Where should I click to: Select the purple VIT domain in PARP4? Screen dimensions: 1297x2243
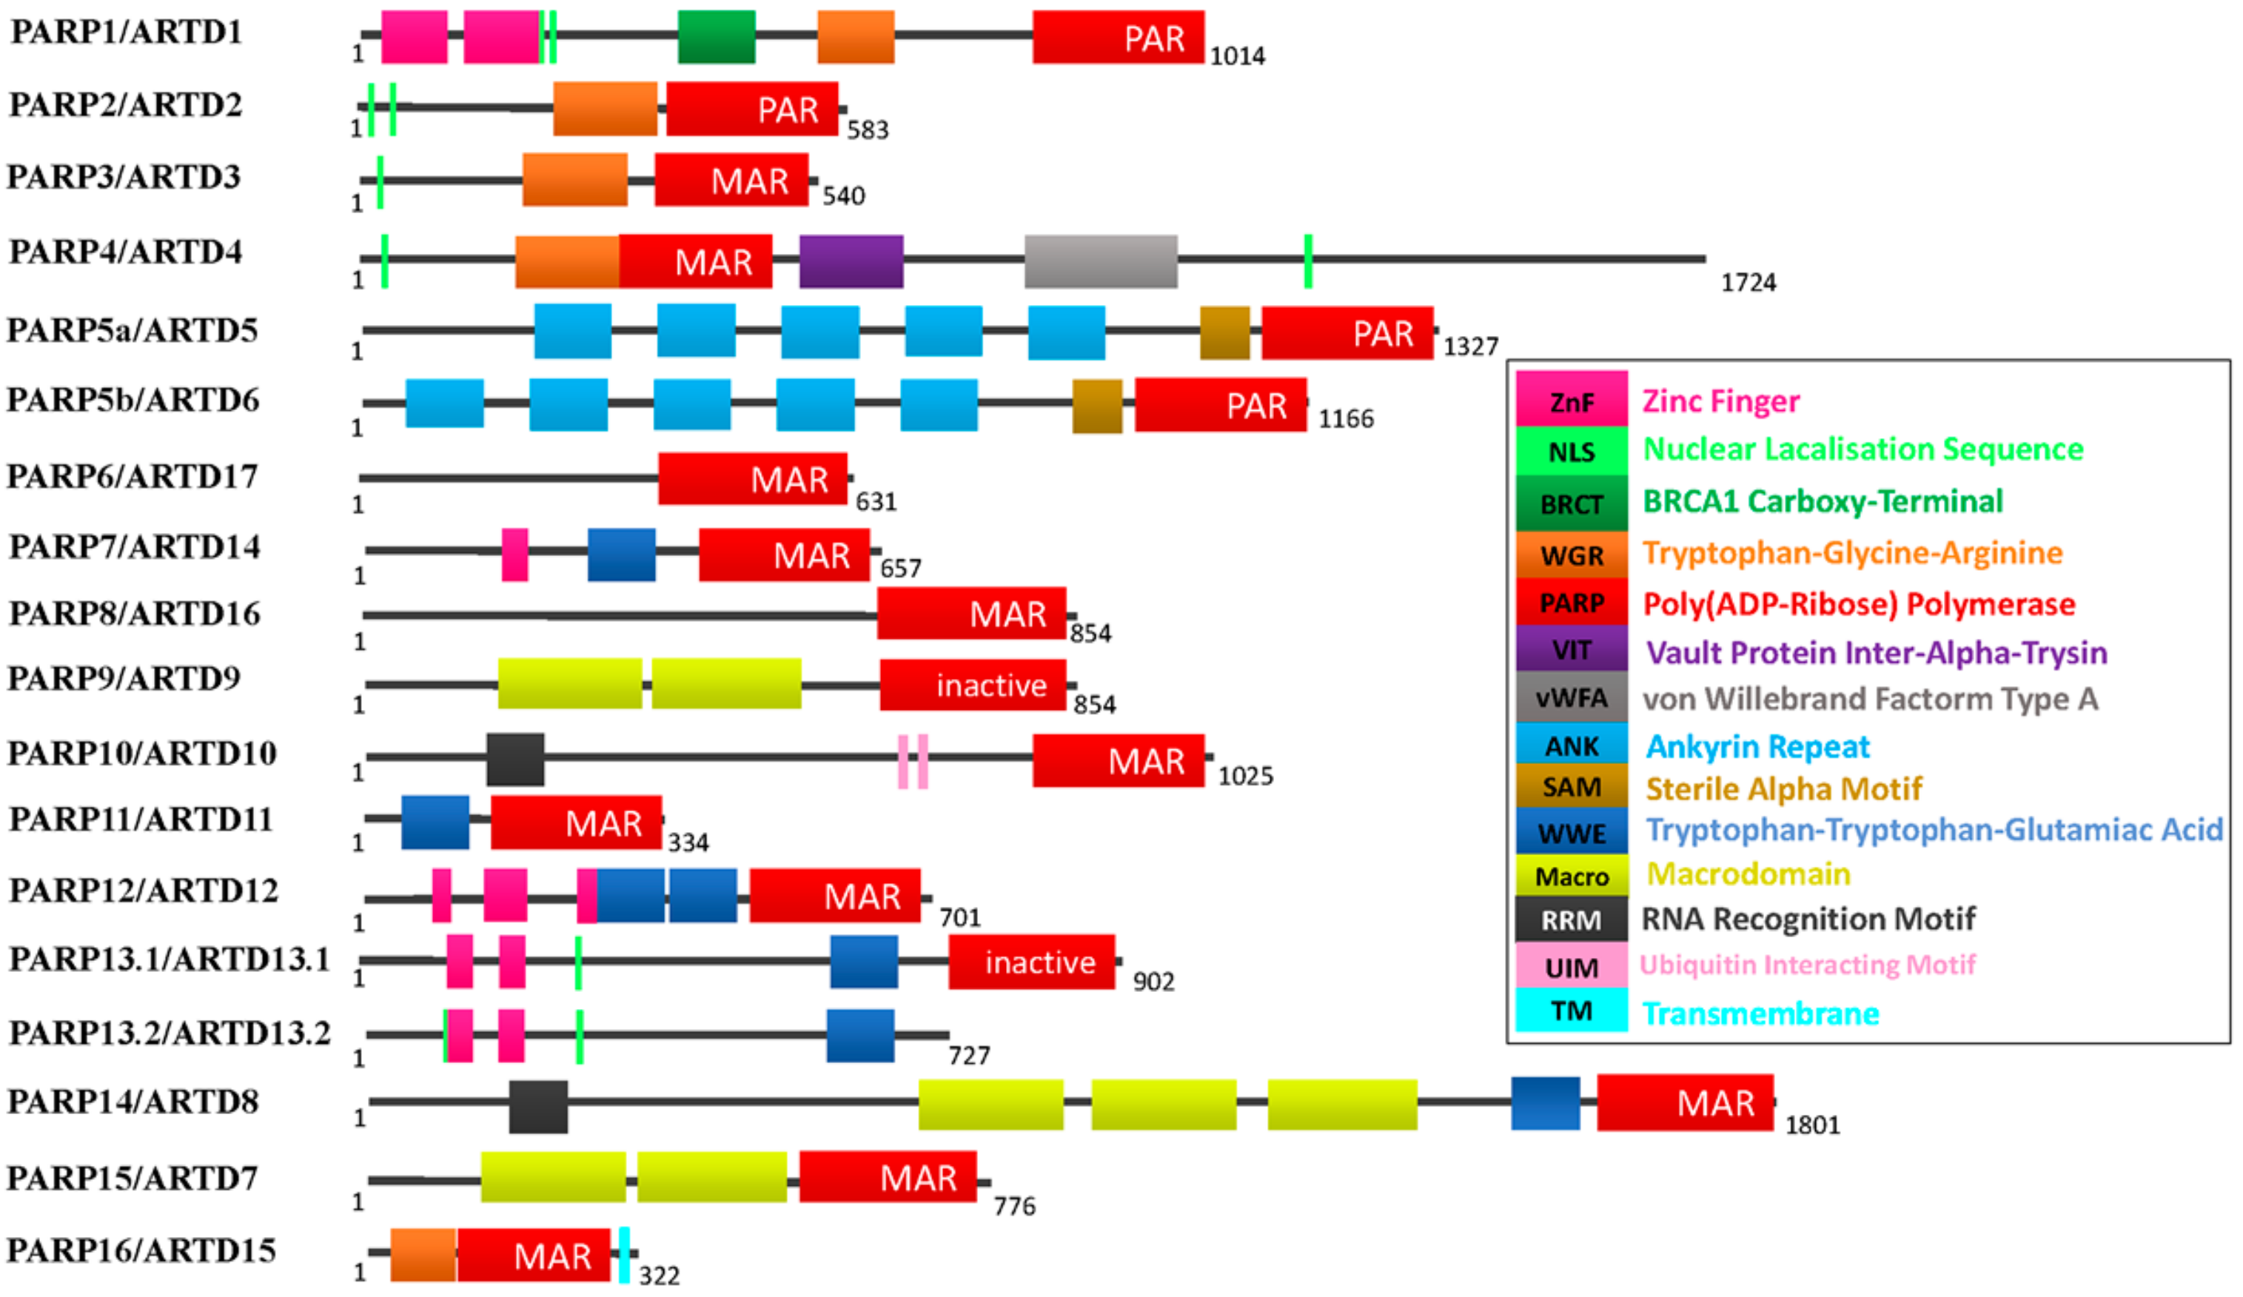pos(850,262)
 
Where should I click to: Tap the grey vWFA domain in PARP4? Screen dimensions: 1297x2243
pos(1100,262)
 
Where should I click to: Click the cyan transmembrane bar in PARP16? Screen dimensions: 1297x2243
pos(624,1255)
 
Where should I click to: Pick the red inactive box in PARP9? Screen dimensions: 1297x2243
pos(972,685)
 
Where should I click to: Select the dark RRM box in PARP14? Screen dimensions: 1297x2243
pos(537,1107)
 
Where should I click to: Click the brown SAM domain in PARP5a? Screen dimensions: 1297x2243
pos(1224,332)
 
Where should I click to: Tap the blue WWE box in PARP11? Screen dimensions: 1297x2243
pos(435,822)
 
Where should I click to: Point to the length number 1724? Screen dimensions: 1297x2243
pos(1747,283)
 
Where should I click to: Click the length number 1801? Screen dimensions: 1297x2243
pos(1811,1125)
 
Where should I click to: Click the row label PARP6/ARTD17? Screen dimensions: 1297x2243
pos(132,476)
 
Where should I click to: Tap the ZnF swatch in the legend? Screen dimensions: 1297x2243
pos(1571,399)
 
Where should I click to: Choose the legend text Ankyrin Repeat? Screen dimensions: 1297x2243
pos(1757,746)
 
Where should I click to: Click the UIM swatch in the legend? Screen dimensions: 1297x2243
pos(1571,966)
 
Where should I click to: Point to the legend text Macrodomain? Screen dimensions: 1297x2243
pos(1747,874)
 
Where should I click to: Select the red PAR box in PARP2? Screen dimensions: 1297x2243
pos(751,110)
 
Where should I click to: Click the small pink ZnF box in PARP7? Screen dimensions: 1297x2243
pos(514,554)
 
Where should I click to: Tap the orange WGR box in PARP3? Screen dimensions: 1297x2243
pos(574,180)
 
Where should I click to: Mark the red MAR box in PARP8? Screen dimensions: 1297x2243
pos(970,614)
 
